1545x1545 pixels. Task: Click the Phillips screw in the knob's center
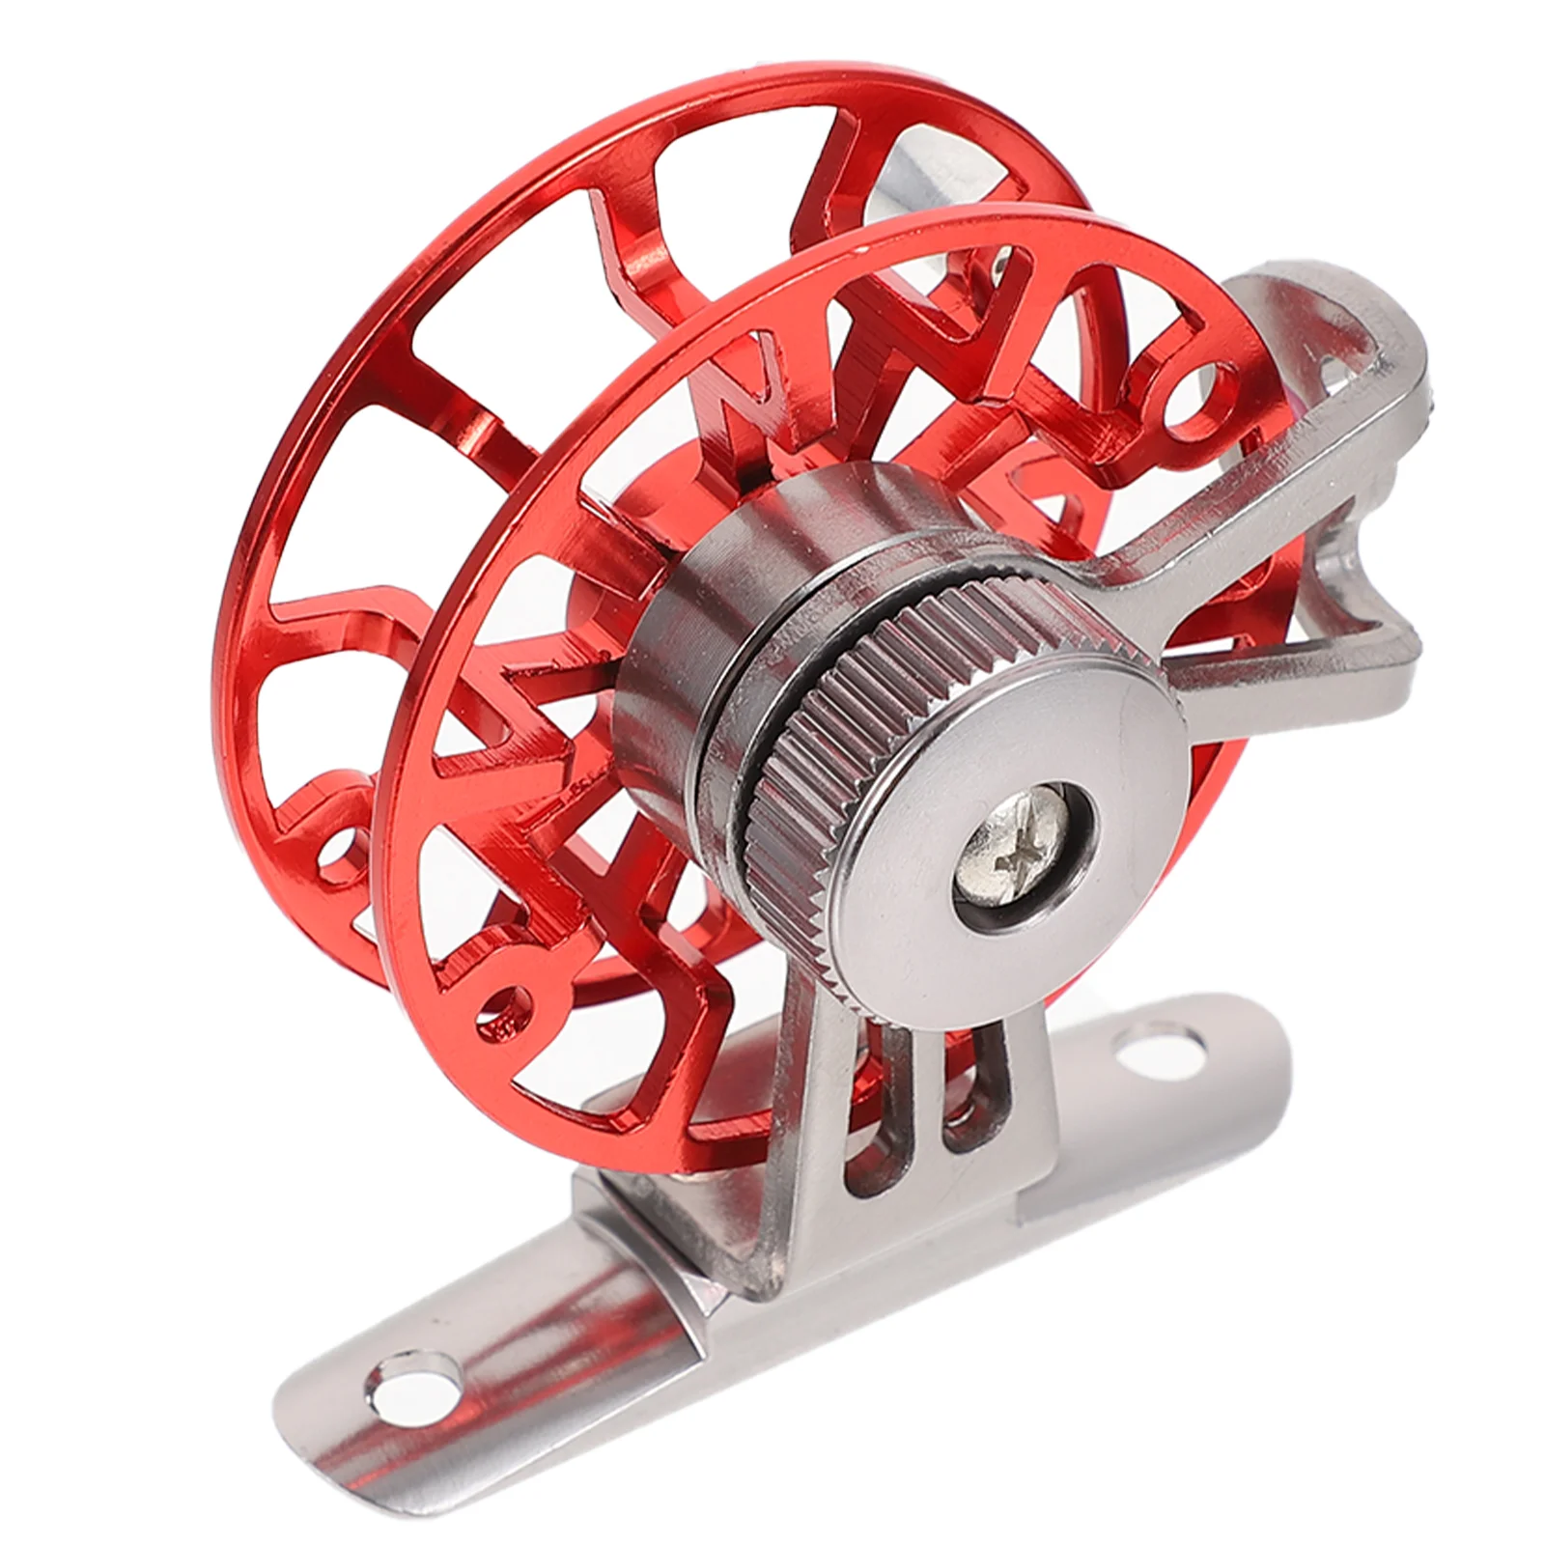pyautogui.click(x=1025, y=857)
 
